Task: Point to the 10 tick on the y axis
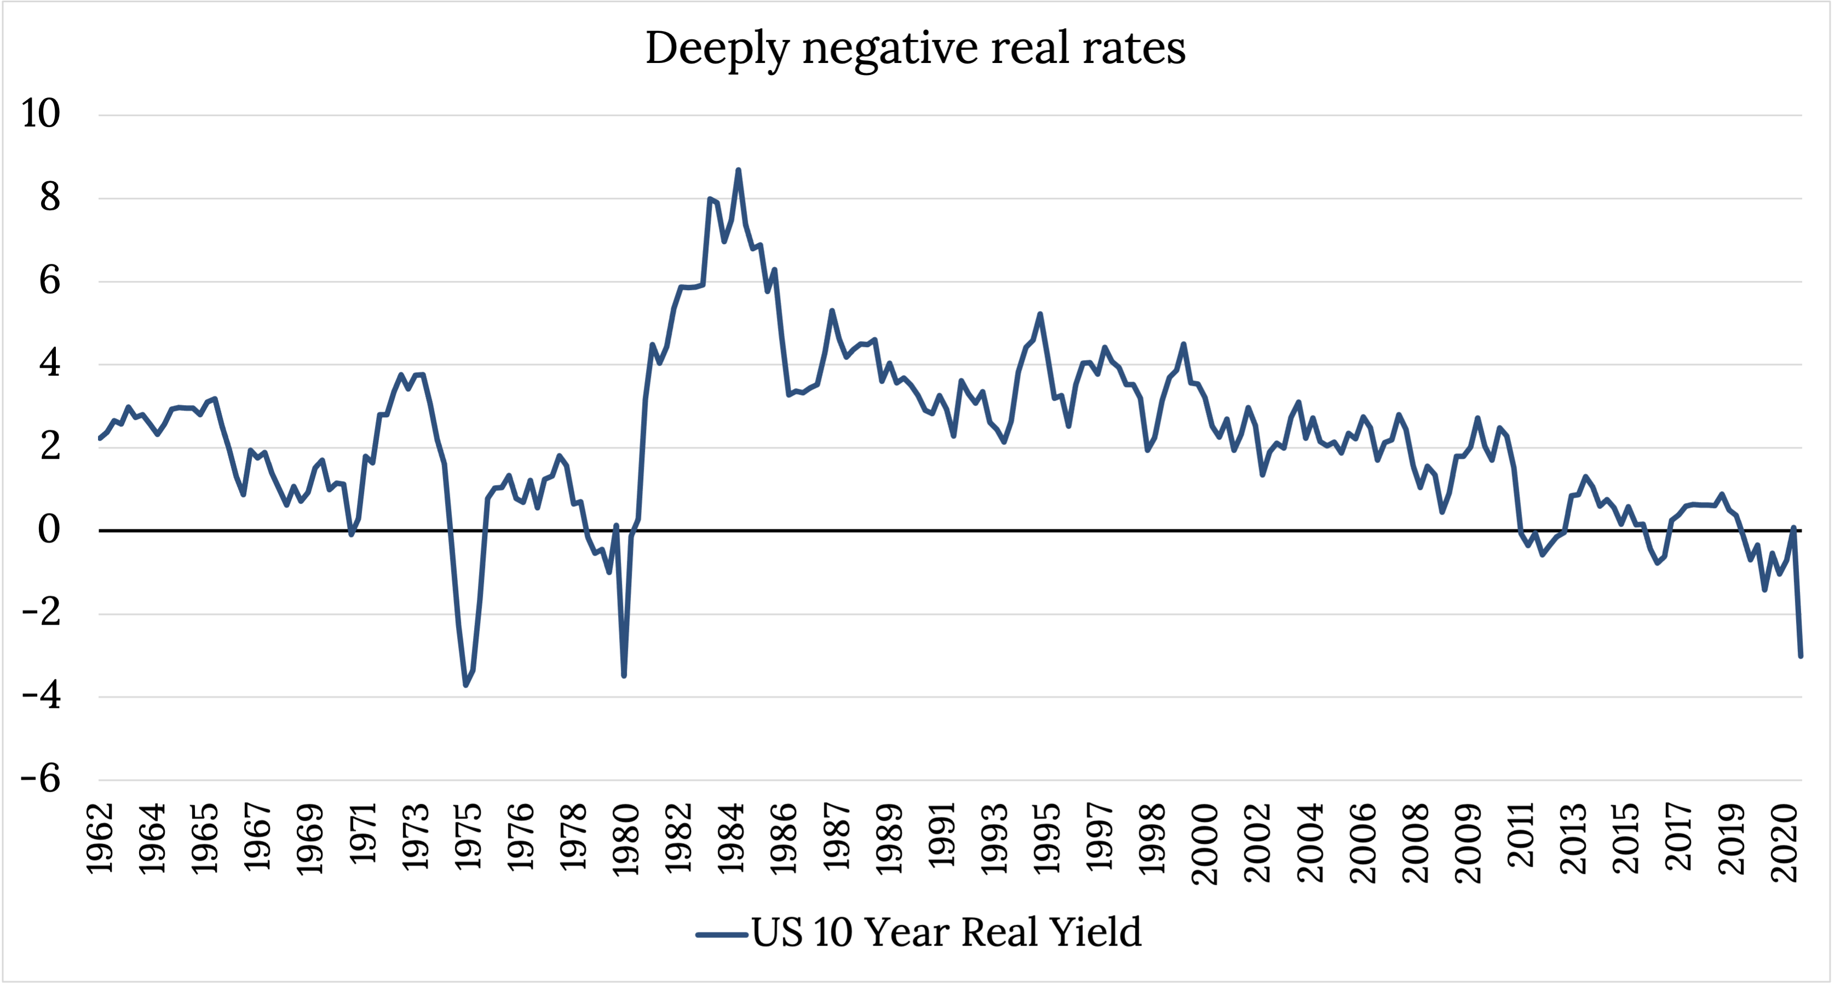tap(41, 113)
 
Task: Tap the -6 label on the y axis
tap(41, 779)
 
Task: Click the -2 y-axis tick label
tap(41, 612)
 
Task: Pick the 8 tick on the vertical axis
tap(50, 197)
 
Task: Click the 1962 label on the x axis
tap(100, 838)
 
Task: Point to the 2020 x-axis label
tap(1785, 844)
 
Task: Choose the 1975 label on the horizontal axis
tap(469, 838)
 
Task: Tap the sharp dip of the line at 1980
tap(624, 676)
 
